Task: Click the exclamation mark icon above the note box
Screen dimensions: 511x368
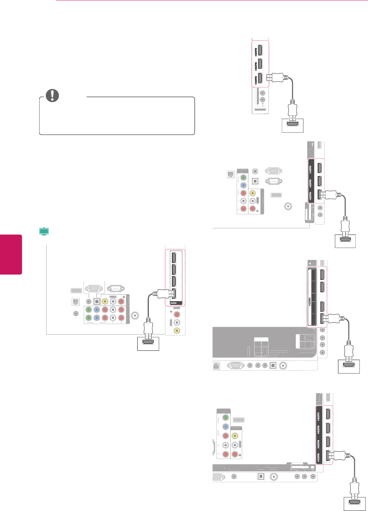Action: [52, 95]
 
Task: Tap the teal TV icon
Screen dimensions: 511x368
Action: [44, 231]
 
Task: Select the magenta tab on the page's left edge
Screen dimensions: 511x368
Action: [11, 254]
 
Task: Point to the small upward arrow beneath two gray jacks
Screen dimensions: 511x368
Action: [263, 104]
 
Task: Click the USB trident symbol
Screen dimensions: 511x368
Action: [314, 144]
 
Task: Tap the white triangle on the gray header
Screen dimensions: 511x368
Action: [310, 263]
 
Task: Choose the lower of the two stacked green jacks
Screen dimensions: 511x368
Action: [88, 318]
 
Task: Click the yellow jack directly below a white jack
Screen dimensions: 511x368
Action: [177, 330]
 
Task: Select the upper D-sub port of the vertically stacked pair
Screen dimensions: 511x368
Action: [273, 171]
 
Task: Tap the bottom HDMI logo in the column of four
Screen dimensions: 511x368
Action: [318, 457]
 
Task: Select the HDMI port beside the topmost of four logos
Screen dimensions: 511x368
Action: [328, 414]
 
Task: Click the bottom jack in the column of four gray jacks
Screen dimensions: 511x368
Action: [322, 352]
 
